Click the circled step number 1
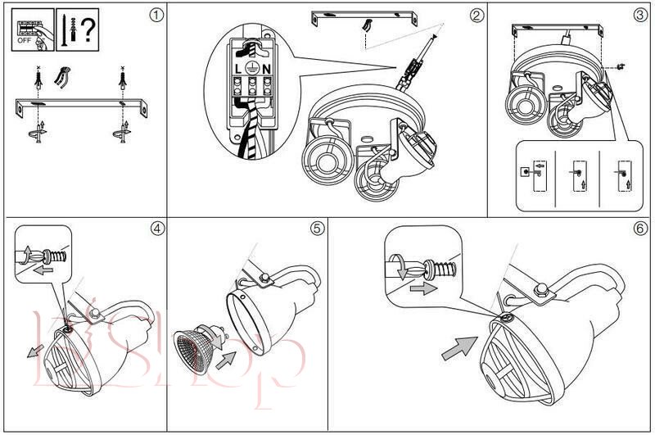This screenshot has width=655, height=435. coord(156,15)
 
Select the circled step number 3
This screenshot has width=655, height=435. coord(640,15)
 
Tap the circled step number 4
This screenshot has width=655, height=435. coord(156,229)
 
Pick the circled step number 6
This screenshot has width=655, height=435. coord(640,229)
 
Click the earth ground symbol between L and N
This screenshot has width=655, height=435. coord(253,69)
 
